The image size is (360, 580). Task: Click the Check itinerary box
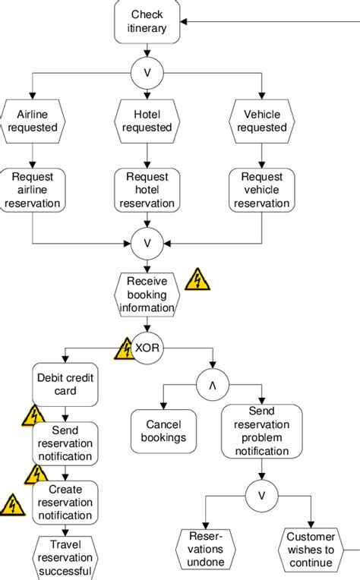(147, 22)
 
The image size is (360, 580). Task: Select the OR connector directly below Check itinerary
(147, 74)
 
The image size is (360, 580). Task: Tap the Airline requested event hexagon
(32, 121)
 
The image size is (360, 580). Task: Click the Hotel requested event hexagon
(147, 121)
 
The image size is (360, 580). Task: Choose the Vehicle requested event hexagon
(261, 121)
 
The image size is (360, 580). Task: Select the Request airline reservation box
(32, 190)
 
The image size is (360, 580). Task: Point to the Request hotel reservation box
(147, 190)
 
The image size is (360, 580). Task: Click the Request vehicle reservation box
(261, 190)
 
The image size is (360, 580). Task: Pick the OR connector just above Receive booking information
(147, 244)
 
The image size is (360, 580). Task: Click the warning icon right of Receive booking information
(198, 279)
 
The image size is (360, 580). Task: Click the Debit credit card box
(66, 384)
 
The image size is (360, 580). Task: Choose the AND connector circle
(212, 384)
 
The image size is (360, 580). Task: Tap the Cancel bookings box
(163, 431)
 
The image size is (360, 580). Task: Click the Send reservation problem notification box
(262, 431)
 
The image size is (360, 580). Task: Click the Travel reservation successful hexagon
(65, 558)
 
